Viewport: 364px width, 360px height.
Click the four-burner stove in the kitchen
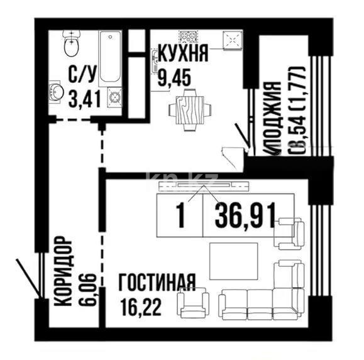click(x=187, y=38)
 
